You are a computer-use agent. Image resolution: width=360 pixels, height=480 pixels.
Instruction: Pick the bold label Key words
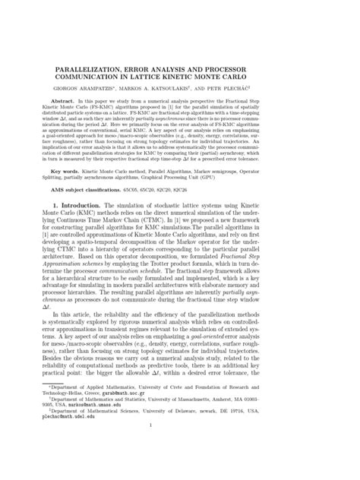point(85,172)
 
